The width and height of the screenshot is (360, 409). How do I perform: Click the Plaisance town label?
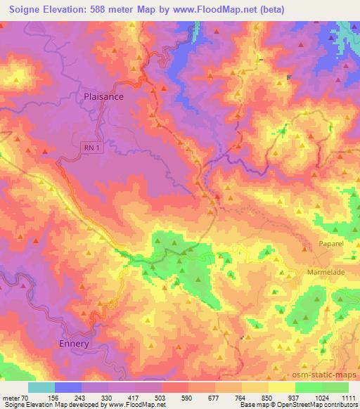coord(103,97)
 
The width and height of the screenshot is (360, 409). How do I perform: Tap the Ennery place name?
coord(70,344)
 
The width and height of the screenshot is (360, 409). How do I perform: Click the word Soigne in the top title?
coord(23,8)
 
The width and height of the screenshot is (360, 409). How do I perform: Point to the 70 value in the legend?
coord(27,398)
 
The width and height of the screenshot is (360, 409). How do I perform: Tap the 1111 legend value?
coord(349,398)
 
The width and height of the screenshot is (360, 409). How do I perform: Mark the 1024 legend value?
coord(322,398)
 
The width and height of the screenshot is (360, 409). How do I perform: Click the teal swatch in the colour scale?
coord(41,387)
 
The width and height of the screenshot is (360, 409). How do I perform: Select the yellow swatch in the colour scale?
coord(282,387)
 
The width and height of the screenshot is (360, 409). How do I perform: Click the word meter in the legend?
coord(11,398)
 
